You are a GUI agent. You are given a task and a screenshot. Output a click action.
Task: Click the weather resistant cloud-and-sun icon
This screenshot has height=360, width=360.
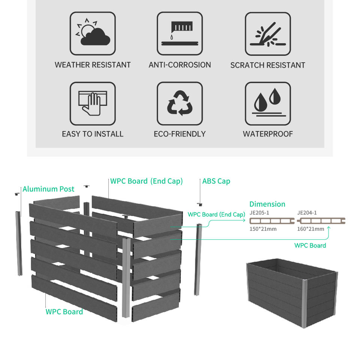click(93, 34)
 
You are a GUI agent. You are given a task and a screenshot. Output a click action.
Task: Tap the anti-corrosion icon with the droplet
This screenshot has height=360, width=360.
click(180, 34)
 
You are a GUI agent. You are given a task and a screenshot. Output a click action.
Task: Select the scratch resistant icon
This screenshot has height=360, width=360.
click(268, 34)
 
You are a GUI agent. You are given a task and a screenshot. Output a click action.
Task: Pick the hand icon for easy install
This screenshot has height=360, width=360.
click(93, 104)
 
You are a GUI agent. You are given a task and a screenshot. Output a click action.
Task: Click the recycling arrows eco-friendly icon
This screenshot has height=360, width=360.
click(180, 104)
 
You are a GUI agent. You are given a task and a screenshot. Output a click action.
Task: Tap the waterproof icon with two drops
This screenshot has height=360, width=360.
click(268, 104)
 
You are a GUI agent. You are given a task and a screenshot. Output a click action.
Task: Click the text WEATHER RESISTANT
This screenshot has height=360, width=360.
click(93, 65)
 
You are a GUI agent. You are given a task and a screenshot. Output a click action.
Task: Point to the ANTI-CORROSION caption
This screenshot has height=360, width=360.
click(180, 65)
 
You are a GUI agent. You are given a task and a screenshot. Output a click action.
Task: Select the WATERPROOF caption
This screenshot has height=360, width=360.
click(268, 134)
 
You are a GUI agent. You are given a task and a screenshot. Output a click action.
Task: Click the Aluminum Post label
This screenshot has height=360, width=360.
click(48, 189)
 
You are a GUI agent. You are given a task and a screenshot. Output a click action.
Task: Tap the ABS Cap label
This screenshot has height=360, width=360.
click(216, 181)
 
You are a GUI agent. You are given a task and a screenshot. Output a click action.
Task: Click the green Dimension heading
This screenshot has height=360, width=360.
click(267, 204)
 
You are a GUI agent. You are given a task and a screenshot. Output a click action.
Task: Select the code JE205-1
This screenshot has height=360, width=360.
click(259, 213)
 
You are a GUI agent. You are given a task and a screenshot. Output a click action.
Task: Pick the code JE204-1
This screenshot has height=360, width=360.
click(307, 213)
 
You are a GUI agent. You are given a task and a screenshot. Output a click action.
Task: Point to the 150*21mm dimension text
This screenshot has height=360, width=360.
click(263, 229)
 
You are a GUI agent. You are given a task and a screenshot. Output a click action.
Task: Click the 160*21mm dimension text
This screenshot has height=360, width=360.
click(310, 229)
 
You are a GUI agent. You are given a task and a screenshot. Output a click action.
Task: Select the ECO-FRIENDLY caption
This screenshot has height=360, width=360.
click(180, 134)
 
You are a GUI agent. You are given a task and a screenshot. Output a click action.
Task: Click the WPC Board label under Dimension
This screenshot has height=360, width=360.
click(310, 245)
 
